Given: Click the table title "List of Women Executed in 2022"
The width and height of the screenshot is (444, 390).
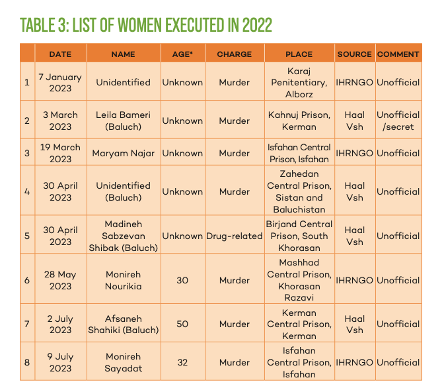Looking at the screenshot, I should pos(145,25).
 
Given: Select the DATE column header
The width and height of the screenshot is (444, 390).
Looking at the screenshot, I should pos(60,54).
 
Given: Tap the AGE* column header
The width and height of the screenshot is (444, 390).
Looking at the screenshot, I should pos(182,54).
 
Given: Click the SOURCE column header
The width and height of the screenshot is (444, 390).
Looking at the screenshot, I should pos(354,54).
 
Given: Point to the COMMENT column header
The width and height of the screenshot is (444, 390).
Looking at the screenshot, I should pos(398,54).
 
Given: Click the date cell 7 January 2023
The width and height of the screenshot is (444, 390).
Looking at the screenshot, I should pos(60,82).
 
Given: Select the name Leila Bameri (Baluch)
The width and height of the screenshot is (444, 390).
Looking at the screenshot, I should pos(123,121).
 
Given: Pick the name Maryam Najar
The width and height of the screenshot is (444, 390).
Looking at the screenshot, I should pos(123,153).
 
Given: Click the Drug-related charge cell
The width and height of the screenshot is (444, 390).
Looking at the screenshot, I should pos(235,236).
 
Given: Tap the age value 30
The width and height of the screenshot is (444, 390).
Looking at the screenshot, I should pos(182,280).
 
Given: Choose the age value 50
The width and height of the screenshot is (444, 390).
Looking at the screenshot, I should pos(182,324).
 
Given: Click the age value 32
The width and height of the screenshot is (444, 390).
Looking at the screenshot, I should pos(182,362).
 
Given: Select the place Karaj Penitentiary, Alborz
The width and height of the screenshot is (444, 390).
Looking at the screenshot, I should pos(299,82).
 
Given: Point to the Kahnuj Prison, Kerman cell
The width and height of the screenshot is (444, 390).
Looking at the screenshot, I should pos(299,121).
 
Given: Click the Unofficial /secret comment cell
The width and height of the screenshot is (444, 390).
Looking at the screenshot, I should pos(398,121).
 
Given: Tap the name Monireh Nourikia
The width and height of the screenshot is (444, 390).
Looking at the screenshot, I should pos(123,280).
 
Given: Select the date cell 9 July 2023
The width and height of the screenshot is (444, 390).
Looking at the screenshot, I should pos(60,362).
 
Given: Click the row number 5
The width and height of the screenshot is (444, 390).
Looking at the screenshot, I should pos(27,236).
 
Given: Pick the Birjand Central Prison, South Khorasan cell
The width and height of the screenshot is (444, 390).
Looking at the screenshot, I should pos(299,236).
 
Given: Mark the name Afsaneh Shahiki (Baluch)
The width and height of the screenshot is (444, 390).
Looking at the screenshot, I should pos(123,324).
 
